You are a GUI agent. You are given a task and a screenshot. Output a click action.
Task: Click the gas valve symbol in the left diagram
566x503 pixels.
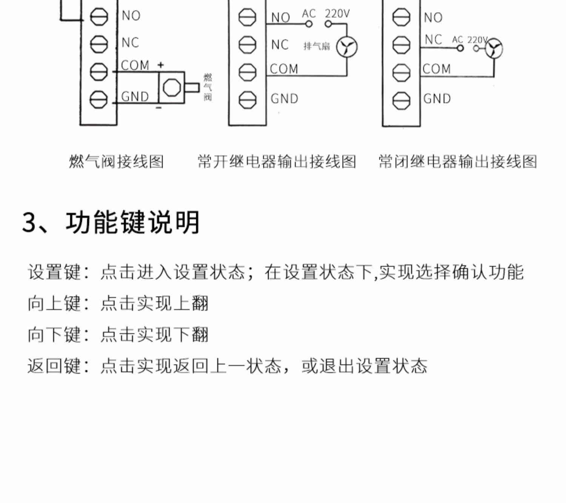[172, 88]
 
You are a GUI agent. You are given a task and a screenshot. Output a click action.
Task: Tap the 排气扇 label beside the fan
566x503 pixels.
[317, 46]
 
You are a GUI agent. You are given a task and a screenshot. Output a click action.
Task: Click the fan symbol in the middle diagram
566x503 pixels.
[347, 47]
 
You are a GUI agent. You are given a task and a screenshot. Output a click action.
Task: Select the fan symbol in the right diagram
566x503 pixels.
[494, 49]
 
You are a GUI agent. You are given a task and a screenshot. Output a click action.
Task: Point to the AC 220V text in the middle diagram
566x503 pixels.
[326, 14]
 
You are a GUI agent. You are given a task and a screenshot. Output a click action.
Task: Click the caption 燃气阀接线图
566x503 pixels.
[116, 162]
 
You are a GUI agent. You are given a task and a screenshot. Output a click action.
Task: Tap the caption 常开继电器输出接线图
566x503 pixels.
[277, 162]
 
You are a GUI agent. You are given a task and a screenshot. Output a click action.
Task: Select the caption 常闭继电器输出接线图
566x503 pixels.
[458, 162]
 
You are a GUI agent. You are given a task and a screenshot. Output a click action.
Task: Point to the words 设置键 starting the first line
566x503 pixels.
[54, 272]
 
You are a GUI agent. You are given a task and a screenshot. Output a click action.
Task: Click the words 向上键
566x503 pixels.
[54, 304]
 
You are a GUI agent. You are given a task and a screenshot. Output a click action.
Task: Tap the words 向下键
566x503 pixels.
[54, 335]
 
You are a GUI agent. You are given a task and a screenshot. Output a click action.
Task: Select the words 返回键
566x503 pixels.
[54, 366]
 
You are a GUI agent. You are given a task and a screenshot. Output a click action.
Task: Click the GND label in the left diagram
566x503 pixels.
[135, 97]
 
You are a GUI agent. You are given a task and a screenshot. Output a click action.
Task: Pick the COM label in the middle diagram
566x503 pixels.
[284, 69]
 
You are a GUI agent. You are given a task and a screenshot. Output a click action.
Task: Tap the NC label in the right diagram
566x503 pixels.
[433, 40]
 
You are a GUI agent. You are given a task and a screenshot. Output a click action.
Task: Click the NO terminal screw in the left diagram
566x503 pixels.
[99, 17]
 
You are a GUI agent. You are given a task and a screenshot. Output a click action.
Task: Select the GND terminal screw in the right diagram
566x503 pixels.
[401, 100]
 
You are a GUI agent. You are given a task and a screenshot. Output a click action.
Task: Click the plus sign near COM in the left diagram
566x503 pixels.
[161, 65]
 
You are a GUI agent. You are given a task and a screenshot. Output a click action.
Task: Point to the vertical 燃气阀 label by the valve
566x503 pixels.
[208, 87]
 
